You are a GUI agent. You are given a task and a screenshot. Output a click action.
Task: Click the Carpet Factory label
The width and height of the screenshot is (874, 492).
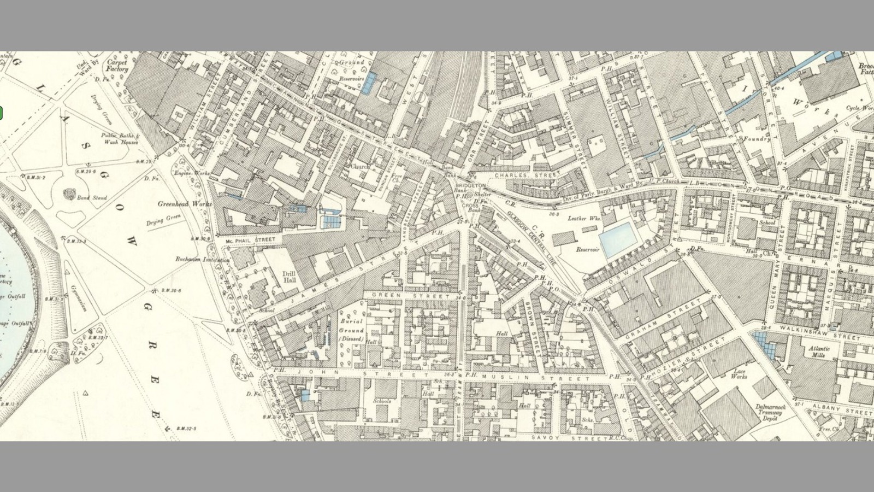click(x=117, y=66)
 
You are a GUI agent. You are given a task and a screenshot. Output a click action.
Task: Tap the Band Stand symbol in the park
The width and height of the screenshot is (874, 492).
click(x=69, y=194)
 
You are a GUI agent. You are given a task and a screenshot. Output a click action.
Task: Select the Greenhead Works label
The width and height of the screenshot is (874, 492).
click(x=184, y=204)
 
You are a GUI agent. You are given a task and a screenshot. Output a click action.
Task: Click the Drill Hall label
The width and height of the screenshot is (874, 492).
click(x=289, y=277)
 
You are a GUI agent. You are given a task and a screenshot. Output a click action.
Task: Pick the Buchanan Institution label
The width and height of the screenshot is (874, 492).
click(x=202, y=259)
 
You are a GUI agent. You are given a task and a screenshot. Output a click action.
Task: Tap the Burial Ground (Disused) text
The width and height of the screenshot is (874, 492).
click(x=351, y=330)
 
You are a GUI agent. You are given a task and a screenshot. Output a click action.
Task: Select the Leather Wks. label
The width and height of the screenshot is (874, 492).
click(x=584, y=218)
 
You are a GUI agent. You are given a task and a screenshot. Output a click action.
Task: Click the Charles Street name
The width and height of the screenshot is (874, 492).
click(x=527, y=175)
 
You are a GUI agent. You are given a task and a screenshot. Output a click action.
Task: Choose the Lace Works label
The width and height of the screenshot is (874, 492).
click(x=739, y=374)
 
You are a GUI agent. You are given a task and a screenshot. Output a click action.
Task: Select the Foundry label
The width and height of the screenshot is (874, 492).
click(x=757, y=139)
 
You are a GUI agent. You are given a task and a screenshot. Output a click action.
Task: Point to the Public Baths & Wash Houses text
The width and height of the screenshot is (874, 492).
click(x=121, y=138)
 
